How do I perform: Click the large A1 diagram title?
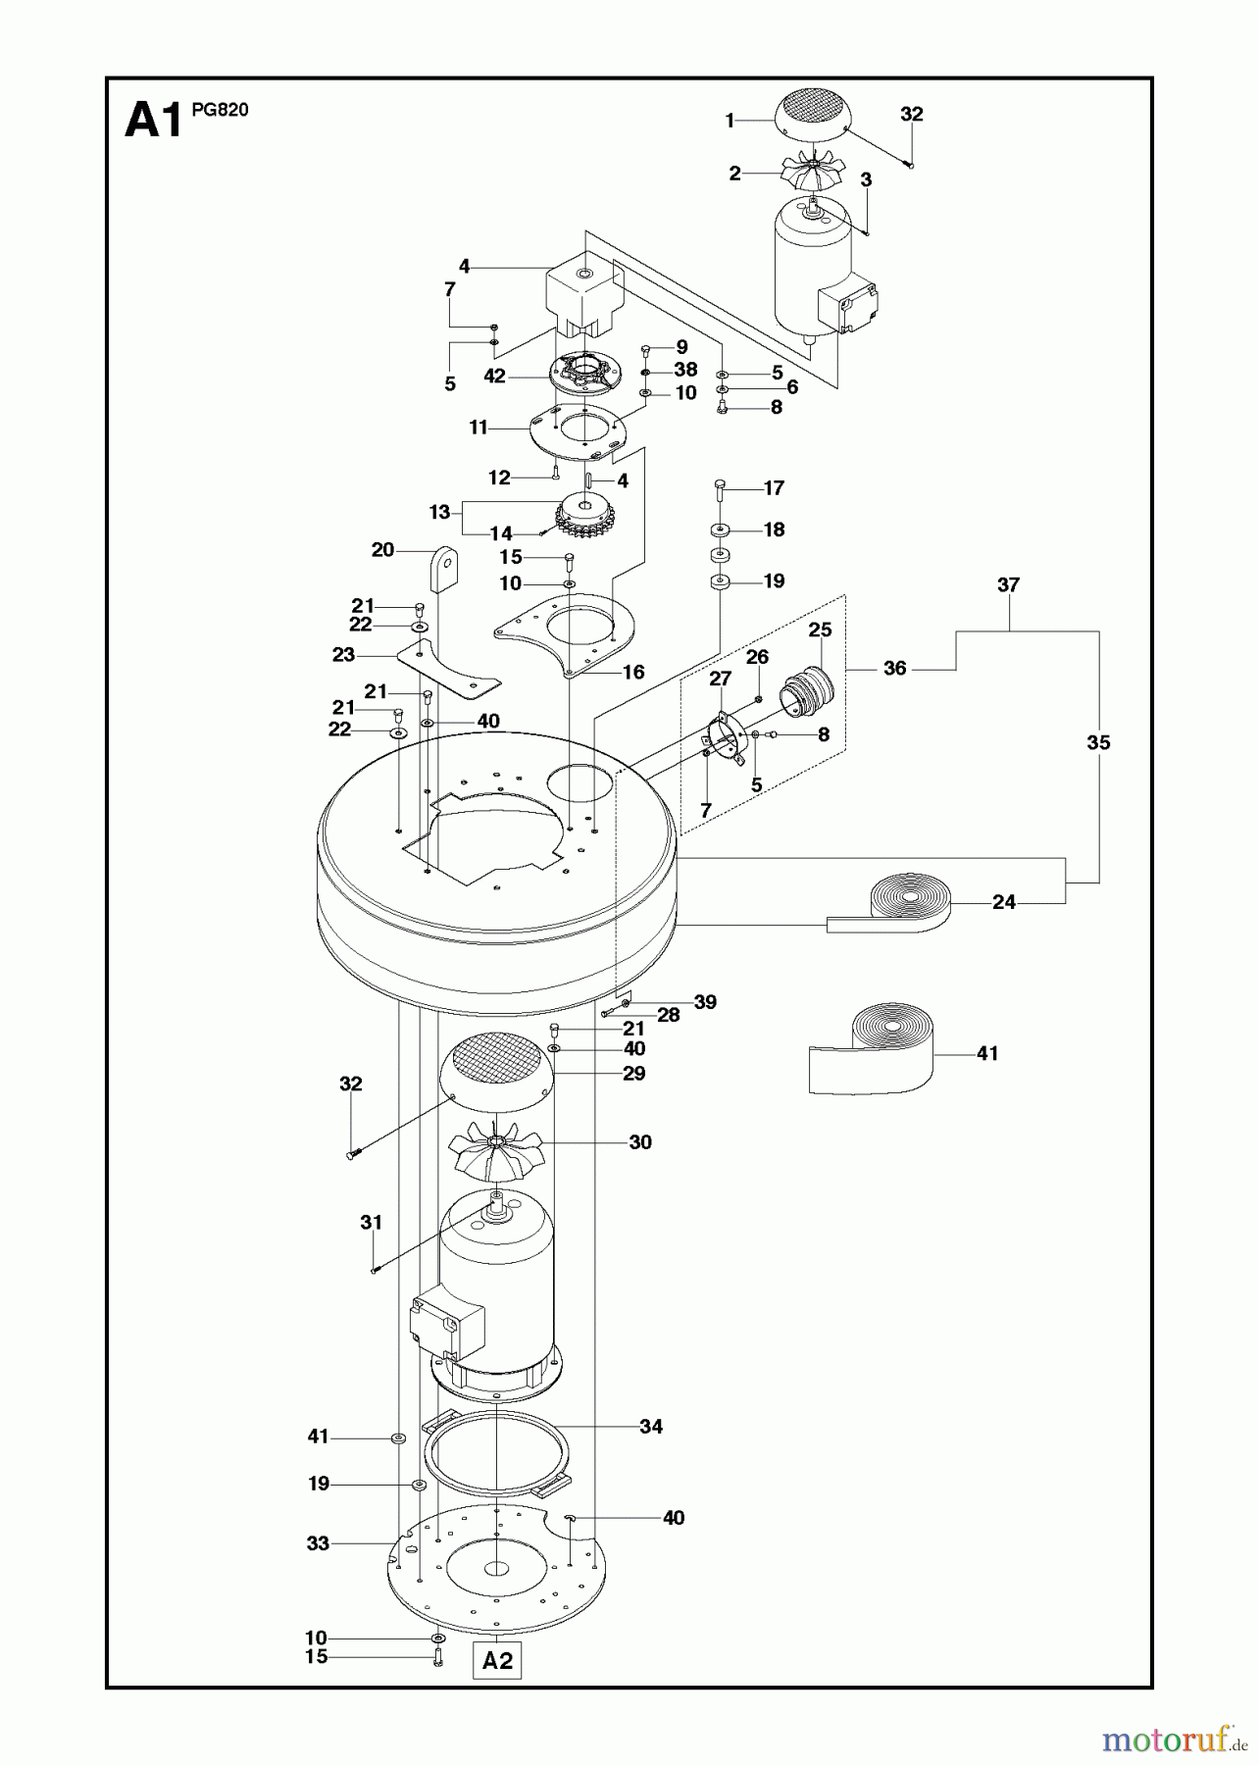(x=153, y=123)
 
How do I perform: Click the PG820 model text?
(x=220, y=110)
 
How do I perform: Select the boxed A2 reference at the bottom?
(x=497, y=1660)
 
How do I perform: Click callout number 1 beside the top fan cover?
(x=730, y=121)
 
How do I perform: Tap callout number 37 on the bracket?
(x=1008, y=585)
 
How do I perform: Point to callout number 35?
(x=1098, y=742)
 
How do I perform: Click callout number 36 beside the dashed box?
(x=894, y=668)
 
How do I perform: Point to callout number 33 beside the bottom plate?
(x=318, y=1542)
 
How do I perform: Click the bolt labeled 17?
(x=720, y=488)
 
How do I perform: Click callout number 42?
(x=494, y=376)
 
